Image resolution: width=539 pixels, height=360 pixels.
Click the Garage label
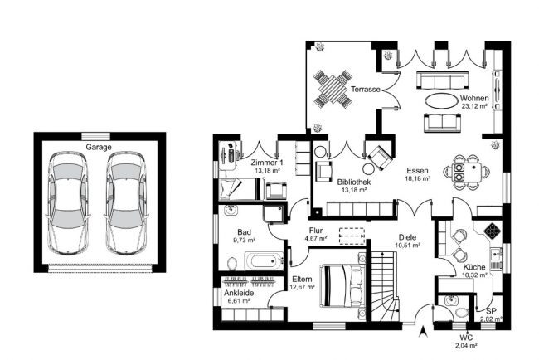tap(99, 147)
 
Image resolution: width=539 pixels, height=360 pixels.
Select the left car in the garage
tap(68, 203)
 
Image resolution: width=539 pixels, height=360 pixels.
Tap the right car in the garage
tap(127, 203)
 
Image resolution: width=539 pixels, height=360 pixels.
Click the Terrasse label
tap(366, 90)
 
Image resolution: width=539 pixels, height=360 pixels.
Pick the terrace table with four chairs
tap(333, 89)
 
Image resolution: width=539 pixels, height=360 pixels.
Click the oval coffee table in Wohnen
tap(440, 100)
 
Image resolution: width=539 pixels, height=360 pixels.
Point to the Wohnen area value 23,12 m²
tap(474, 107)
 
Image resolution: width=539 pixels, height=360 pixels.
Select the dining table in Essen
tap(467, 172)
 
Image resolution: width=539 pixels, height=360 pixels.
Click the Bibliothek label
tap(354, 182)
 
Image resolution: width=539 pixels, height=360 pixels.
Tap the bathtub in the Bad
tap(264, 261)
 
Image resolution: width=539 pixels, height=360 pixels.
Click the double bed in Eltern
tap(342, 285)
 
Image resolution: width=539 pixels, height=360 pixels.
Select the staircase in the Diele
tap(386, 286)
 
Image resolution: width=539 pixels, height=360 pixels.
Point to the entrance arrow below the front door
tap(424, 332)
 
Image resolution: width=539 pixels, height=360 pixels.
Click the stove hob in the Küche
tap(493, 231)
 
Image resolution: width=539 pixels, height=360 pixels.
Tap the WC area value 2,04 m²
tap(466, 346)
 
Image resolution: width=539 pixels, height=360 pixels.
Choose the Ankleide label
tap(239, 293)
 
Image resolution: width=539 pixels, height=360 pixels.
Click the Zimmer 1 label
tap(267, 163)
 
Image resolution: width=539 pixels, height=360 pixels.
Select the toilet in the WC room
tap(461, 313)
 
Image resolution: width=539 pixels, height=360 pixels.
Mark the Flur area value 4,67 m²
tap(316, 238)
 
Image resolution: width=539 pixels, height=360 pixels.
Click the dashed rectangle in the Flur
tap(352, 236)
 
